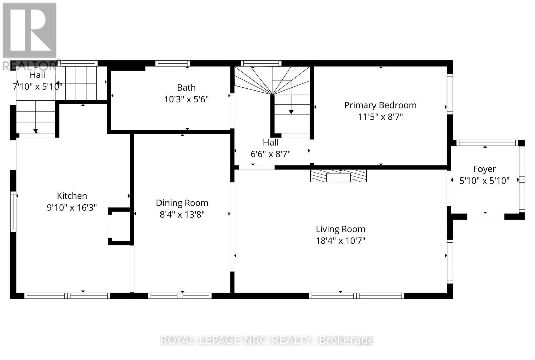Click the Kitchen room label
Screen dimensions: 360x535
72,196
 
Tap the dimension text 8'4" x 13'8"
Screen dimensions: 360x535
182,214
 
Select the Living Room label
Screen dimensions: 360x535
340,229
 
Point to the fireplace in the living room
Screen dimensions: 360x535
338,176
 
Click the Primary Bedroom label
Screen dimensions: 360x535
380,105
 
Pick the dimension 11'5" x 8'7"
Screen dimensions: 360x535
380,117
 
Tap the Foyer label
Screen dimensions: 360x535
484,169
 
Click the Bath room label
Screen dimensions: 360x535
186,87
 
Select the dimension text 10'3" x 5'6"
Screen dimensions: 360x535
186,99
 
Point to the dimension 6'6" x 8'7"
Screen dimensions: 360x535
271,154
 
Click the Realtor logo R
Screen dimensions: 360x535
29,31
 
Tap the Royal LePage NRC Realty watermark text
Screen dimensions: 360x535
267,340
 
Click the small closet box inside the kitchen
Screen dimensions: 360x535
119,226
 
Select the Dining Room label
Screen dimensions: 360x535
182,203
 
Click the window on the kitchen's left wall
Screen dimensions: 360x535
13,211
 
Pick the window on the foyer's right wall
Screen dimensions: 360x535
522,179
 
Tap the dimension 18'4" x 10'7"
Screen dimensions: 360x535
340,241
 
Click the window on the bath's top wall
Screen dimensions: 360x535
173,63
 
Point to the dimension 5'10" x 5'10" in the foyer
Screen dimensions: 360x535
484,181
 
